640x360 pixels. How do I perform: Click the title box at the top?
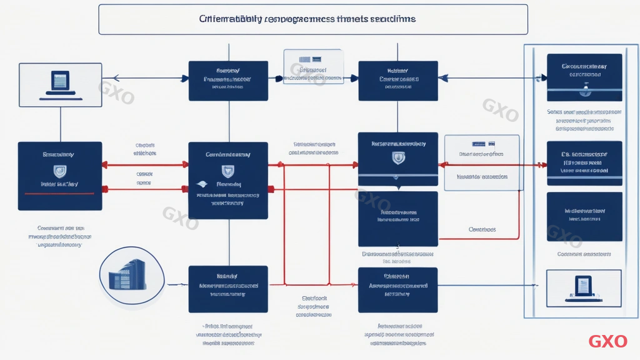pyautogui.click(x=312, y=19)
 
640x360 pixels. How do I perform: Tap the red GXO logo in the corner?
pyautogui.click(x=607, y=341)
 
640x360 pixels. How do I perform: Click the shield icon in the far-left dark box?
pyautogui.click(x=61, y=170)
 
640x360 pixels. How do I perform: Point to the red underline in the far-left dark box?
pyautogui.click(x=60, y=194)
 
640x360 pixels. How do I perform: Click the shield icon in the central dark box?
pyautogui.click(x=228, y=171)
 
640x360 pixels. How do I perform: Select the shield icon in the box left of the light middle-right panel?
pyautogui.click(x=397, y=159)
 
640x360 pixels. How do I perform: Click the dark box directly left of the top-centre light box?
pyautogui.click(x=228, y=81)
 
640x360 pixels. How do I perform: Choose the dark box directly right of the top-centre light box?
pyautogui.click(x=397, y=81)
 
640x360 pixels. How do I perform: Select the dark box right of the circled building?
pyautogui.click(x=228, y=289)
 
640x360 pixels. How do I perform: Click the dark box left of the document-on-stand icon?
pyautogui.click(x=397, y=289)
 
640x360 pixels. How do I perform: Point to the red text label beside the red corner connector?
pyautogui.click(x=482, y=229)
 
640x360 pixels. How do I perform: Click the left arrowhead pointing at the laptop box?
pyautogui.click(x=114, y=78)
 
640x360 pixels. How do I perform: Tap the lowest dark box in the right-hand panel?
pyautogui.click(x=584, y=216)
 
